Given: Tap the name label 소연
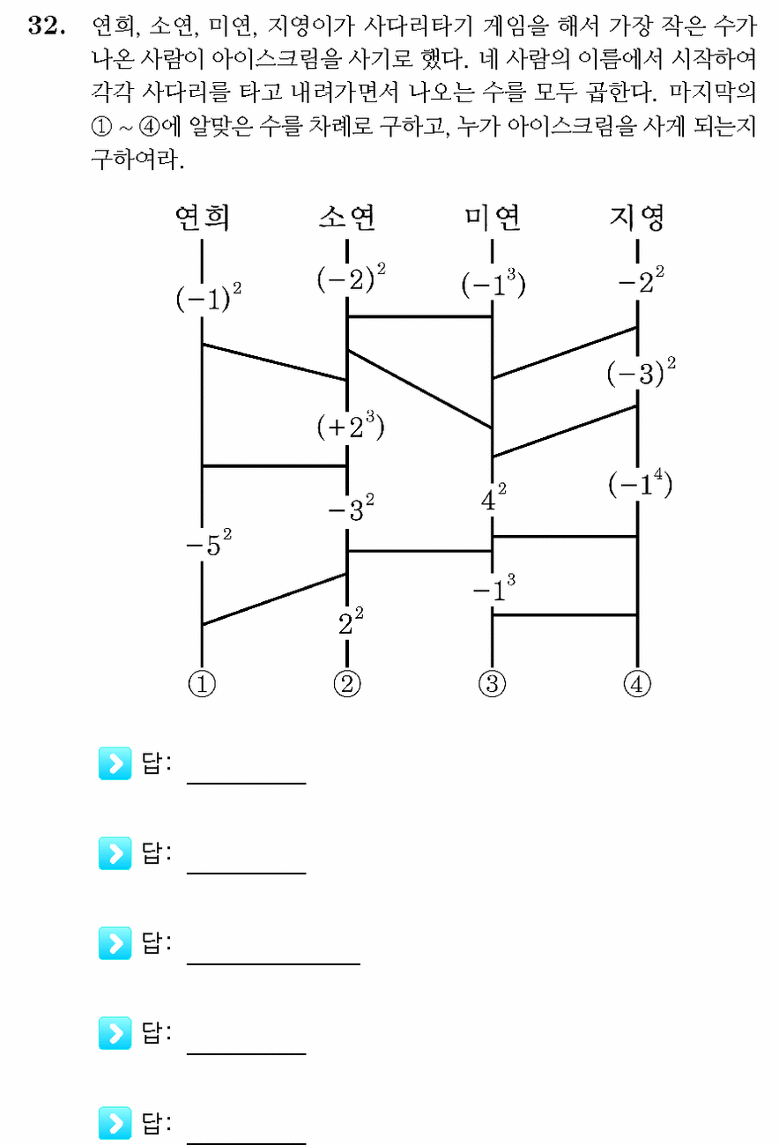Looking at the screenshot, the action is [x=347, y=217].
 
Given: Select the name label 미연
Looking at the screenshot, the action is [x=493, y=217].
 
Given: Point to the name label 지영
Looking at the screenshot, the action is [x=637, y=217].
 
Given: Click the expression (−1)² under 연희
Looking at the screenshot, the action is [x=209, y=296].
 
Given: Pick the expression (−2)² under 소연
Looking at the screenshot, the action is [x=351, y=278].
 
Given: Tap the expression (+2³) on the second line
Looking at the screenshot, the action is [x=351, y=425].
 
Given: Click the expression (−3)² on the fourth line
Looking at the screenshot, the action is [x=642, y=372].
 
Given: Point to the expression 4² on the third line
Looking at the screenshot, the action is [x=493, y=497].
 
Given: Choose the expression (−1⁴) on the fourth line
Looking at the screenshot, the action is [x=640, y=483].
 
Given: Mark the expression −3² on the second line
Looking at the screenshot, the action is [x=351, y=508].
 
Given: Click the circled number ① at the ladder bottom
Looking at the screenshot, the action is [x=202, y=684].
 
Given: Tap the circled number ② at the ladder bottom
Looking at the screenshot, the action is [x=347, y=684].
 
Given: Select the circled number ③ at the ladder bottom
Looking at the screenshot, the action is [x=493, y=684].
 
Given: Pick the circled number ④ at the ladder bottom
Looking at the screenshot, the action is [x=637, y=684].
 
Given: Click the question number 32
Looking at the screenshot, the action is [x=47, y=25].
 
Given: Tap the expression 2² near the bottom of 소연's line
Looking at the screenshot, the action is [x=351, y=621].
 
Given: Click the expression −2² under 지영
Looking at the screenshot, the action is [x=642, y=280].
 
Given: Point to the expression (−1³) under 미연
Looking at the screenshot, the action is [x=493, y=284].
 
